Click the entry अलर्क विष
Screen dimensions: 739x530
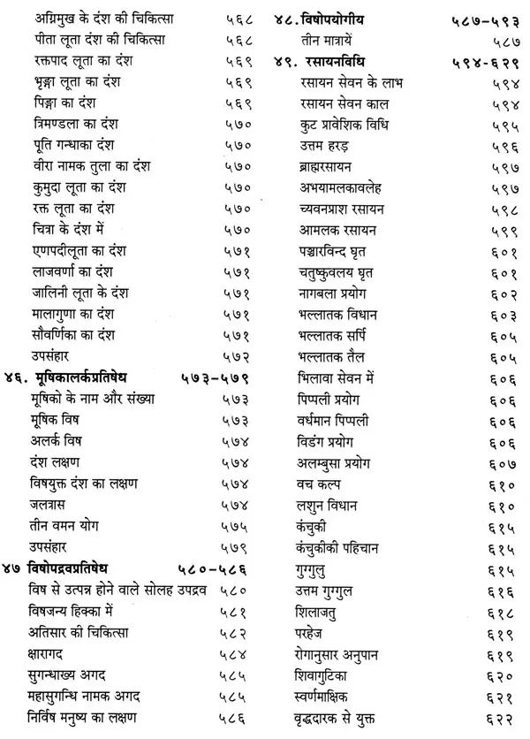(x=52, y=439)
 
